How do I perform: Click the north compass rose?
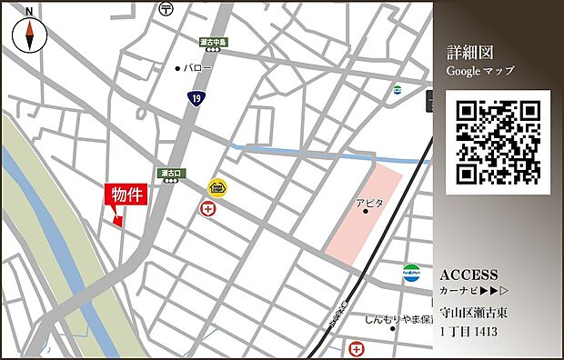(x=30, y=35)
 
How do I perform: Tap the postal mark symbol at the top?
(x=165, y=8)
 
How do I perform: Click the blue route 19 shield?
(x=196, y=96)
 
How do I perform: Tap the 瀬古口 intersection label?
(x=171, y=172)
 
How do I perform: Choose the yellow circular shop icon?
(x=217, y=189)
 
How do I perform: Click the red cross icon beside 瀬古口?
(x=208, y=209)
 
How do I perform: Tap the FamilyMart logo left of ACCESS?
(x=411, y=271)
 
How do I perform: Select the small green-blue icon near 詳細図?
(x=397, y=90)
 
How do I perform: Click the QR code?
(x=499, y=142)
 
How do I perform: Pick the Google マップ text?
(x=479, y=70)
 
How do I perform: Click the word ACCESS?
(x=468, y=275)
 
